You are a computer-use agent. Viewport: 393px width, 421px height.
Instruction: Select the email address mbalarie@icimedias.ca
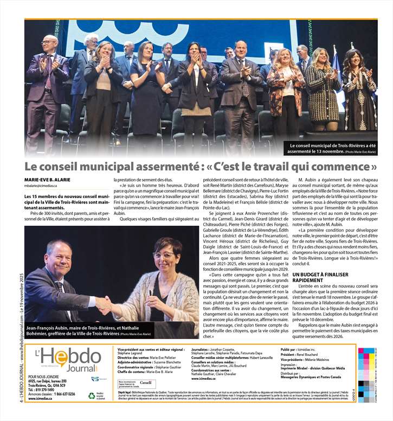(x=41, y=186)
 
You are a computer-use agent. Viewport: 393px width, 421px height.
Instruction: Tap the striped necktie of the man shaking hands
(x=59, y=288)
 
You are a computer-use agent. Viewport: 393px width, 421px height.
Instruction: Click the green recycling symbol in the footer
(x=92, y=396)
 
